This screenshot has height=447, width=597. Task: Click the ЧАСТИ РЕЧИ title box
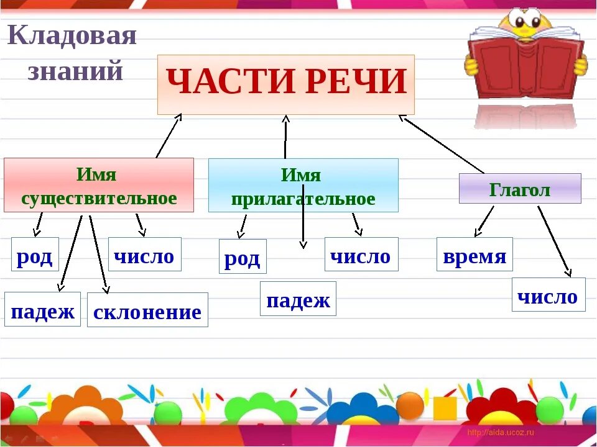(285, 84)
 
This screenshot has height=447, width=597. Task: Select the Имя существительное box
(98, 185)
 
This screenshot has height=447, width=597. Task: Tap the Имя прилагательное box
(303, 186)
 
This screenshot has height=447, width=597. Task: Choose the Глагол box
(520, 189)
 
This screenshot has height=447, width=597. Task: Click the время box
(474, 255)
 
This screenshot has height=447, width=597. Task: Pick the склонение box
(147, 310)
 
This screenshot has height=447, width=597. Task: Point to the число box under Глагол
(548, 295)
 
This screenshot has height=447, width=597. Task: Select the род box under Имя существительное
(35, 255)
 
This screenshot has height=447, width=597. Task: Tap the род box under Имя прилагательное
(243, 256)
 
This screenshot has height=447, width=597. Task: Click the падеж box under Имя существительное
(42, 309)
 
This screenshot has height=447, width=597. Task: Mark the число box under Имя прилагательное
(361, 255)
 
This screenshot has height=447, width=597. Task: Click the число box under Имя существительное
(144, 255)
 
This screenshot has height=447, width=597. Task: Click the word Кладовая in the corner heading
(72, 36)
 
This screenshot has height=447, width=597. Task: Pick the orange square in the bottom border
(445, 408)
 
